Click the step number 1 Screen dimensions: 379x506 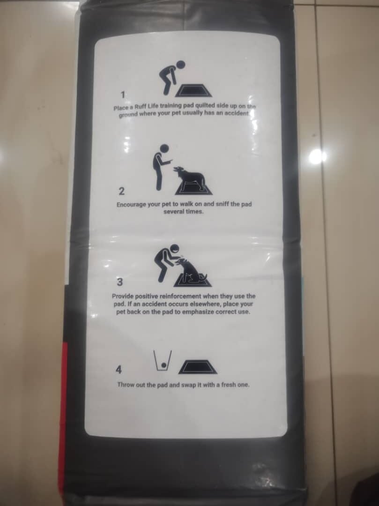point(123,95)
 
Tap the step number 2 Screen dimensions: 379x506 point(121,191)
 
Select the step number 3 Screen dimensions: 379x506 point(119,282)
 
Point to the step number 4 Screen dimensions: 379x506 point(119,370)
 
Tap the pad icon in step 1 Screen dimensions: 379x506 point(193,90)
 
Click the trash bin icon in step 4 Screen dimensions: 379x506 point(163,361)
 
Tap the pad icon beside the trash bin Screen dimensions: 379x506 point(197,367)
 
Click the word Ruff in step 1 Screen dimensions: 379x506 point(141,107)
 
